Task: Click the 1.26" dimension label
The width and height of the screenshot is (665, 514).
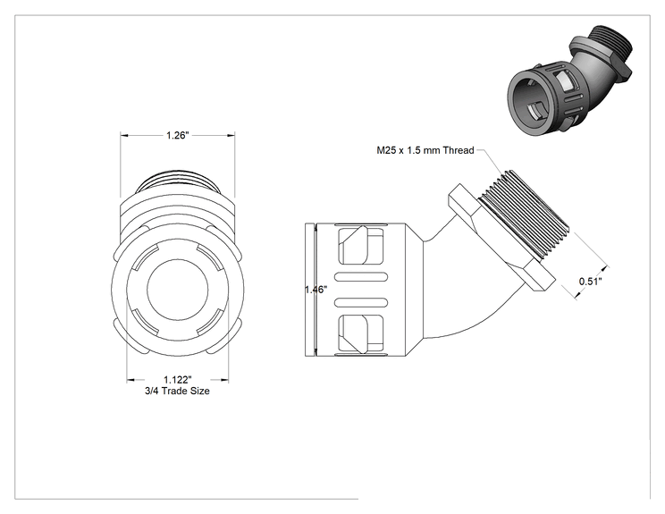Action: (x=177, y=135)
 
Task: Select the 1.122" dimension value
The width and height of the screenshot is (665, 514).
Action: (x=178, y=380)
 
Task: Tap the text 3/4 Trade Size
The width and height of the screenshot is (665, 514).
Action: (x=177, y=391)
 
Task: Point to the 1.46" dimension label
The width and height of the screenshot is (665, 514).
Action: (x=316, y=290)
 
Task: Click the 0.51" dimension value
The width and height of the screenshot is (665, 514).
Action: (x=590, y=282)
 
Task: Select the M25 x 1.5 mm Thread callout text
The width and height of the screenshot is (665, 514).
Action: (x=425, y=150)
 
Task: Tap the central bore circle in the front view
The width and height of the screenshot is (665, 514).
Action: (x=178, y=291)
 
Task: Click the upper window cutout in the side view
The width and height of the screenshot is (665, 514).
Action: (x=361, y=246)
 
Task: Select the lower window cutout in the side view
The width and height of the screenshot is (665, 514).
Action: (x=361, y=333)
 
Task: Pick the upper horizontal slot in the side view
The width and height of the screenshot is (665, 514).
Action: (x=361, y=277)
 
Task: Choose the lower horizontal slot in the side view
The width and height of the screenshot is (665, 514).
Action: (x=361, y=303)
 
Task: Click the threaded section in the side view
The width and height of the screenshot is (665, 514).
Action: (x=525, y=215)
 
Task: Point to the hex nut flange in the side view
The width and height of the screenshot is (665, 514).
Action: (x=502, y=237)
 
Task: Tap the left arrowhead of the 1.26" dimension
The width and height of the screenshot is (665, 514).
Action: (x=125, y=135)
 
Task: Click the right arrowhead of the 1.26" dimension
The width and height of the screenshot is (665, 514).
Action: (x=231, y=135)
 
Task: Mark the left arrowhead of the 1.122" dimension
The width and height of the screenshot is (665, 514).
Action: (x=131, y=380)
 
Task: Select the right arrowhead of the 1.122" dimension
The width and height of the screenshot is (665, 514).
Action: (x=224, y=380)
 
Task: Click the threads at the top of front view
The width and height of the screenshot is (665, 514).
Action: (x=178, y=183)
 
